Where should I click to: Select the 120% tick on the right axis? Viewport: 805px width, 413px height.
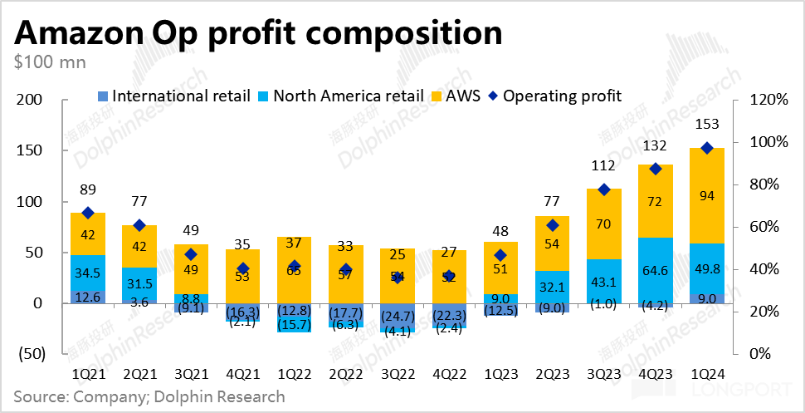tap(768, 100)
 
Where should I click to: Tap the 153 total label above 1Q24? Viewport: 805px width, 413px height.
tap(708, 125)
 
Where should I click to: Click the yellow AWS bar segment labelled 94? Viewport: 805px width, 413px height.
tap(708, 196)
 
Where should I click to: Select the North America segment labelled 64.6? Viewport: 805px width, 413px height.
tap(656, 269)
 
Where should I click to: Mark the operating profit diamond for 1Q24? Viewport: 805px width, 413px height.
tap(708, 148)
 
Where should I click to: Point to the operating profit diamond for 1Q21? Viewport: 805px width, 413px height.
tap(87, 213)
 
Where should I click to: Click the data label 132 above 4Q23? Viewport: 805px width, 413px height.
tap(656, 146)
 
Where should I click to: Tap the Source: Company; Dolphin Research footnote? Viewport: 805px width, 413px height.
tap(149, 396)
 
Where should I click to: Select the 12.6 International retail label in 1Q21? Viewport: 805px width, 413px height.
tap(87, 297)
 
